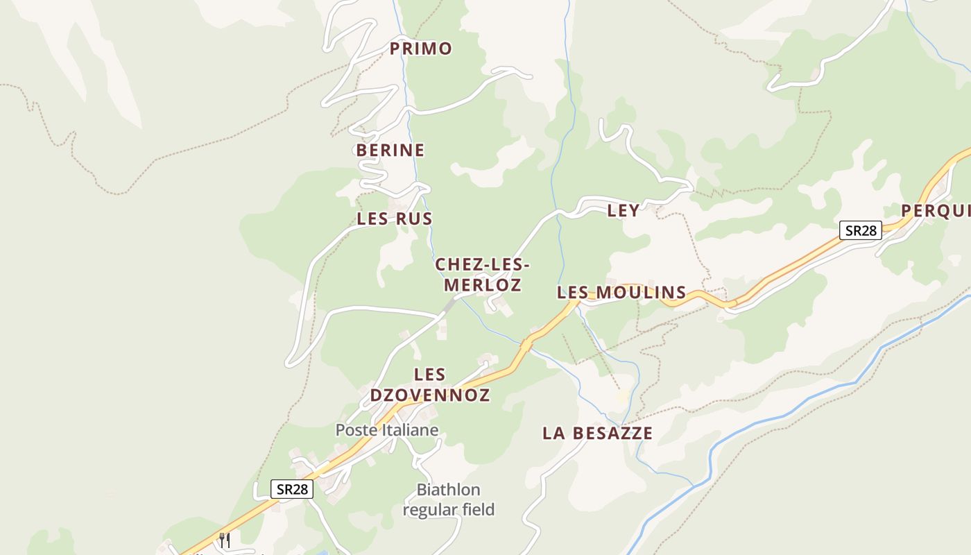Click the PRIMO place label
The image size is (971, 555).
420,49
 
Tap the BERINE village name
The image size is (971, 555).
390,150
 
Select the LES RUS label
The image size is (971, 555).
395,219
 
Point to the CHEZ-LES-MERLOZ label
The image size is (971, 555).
483,275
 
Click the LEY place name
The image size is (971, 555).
624,211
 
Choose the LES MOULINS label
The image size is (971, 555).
621,293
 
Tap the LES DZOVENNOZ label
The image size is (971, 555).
430,385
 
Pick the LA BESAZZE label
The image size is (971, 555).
597,434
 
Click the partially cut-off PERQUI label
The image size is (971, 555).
936,210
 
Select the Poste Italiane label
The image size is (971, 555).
387,430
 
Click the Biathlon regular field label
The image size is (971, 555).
449,499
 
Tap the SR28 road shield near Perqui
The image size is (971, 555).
860,230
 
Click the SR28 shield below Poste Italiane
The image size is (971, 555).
292,489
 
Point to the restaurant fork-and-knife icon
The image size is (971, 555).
224,540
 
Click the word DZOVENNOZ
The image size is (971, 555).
430,395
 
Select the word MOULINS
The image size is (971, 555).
641,293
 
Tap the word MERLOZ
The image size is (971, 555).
483,285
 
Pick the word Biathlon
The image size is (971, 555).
448,490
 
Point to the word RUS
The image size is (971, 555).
414,219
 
